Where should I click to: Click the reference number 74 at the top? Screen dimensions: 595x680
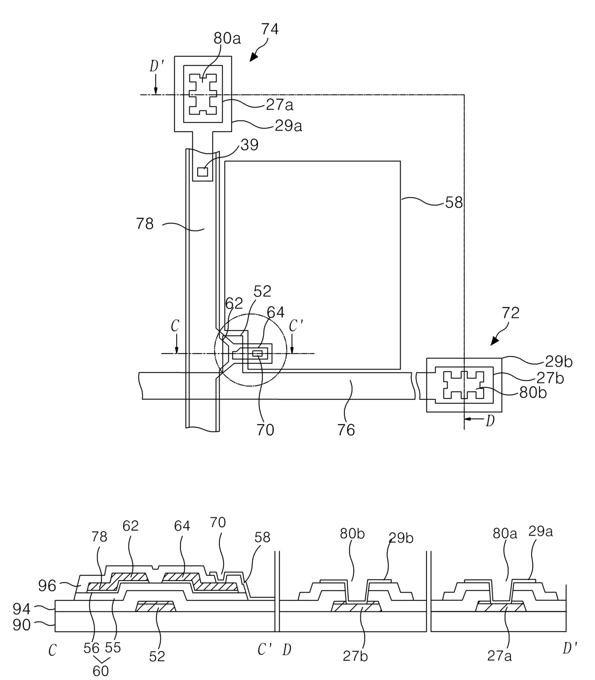point(270,29)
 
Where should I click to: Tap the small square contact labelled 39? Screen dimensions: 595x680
point(202,172)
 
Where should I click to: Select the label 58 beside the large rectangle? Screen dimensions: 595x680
point(454,203)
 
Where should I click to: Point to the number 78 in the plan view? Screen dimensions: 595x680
point(145,224)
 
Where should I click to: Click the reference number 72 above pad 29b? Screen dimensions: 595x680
point(511,313)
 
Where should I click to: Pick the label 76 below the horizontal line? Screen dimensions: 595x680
point(346,429)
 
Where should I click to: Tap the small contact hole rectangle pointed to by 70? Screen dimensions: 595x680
point(258,353)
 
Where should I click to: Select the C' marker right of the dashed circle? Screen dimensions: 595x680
point(296,326)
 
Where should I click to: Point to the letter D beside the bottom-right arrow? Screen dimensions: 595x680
point(490,421)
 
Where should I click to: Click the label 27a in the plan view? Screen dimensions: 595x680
point(280,106)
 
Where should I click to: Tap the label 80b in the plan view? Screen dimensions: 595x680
point(533,393)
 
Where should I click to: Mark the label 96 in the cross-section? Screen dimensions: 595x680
point(47,585)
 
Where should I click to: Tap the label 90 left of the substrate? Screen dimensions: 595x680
point(22,625)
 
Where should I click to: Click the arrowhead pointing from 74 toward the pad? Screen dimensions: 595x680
point(254,58)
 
